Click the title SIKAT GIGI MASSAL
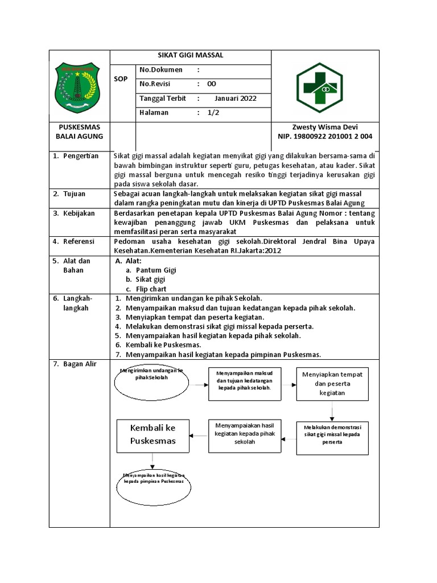coord(190,55)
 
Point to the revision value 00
coord(211,84)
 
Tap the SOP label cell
coord(121,79)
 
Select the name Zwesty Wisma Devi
coord(324,127)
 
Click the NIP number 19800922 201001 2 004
coord(325,137)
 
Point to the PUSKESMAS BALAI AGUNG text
coord(79,132)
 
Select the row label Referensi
coord(80,241)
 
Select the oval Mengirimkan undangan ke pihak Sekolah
coord(152,382)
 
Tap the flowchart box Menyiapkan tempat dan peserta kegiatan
coord(332,384)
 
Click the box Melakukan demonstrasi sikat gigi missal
coord(332,437)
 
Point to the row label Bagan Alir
coord(80,364)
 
